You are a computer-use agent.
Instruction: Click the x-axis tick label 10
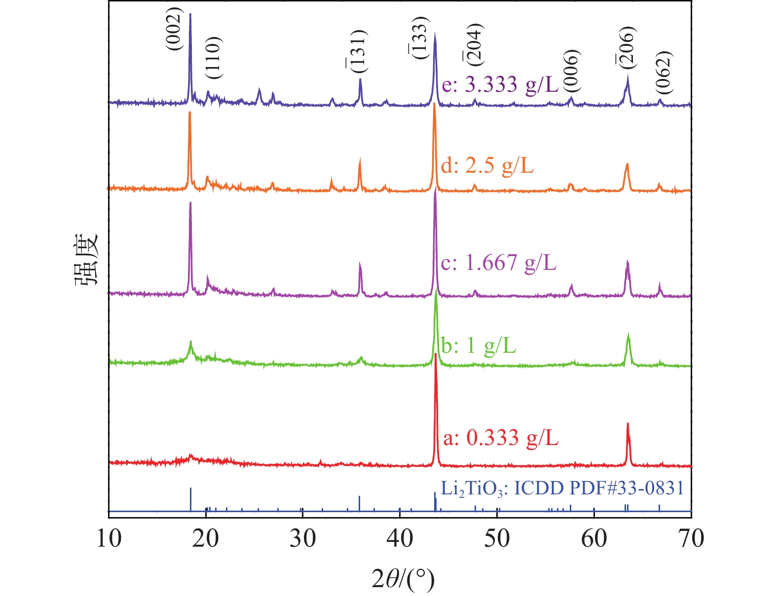coord(109,538)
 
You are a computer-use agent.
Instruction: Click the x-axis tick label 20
coord(206,538)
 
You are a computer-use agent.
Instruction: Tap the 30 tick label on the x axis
coord(302,538)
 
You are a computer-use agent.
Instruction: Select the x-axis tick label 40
coord(400,538)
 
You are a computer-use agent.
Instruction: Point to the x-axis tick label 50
coord(497,538)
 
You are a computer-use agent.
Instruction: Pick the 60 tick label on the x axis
coord(594,538)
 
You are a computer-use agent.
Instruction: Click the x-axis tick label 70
coord(691,538)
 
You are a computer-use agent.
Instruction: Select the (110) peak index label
coord(214,58)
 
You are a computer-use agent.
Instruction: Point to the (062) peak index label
coord(664,72)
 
